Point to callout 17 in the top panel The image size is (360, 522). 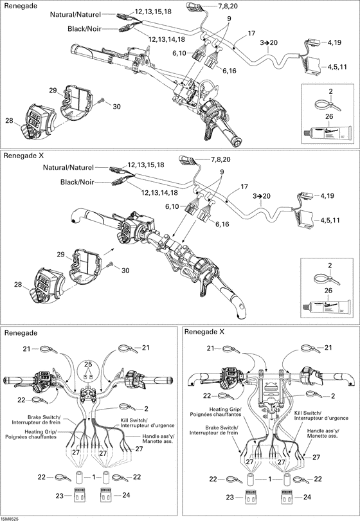click(251, 32)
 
